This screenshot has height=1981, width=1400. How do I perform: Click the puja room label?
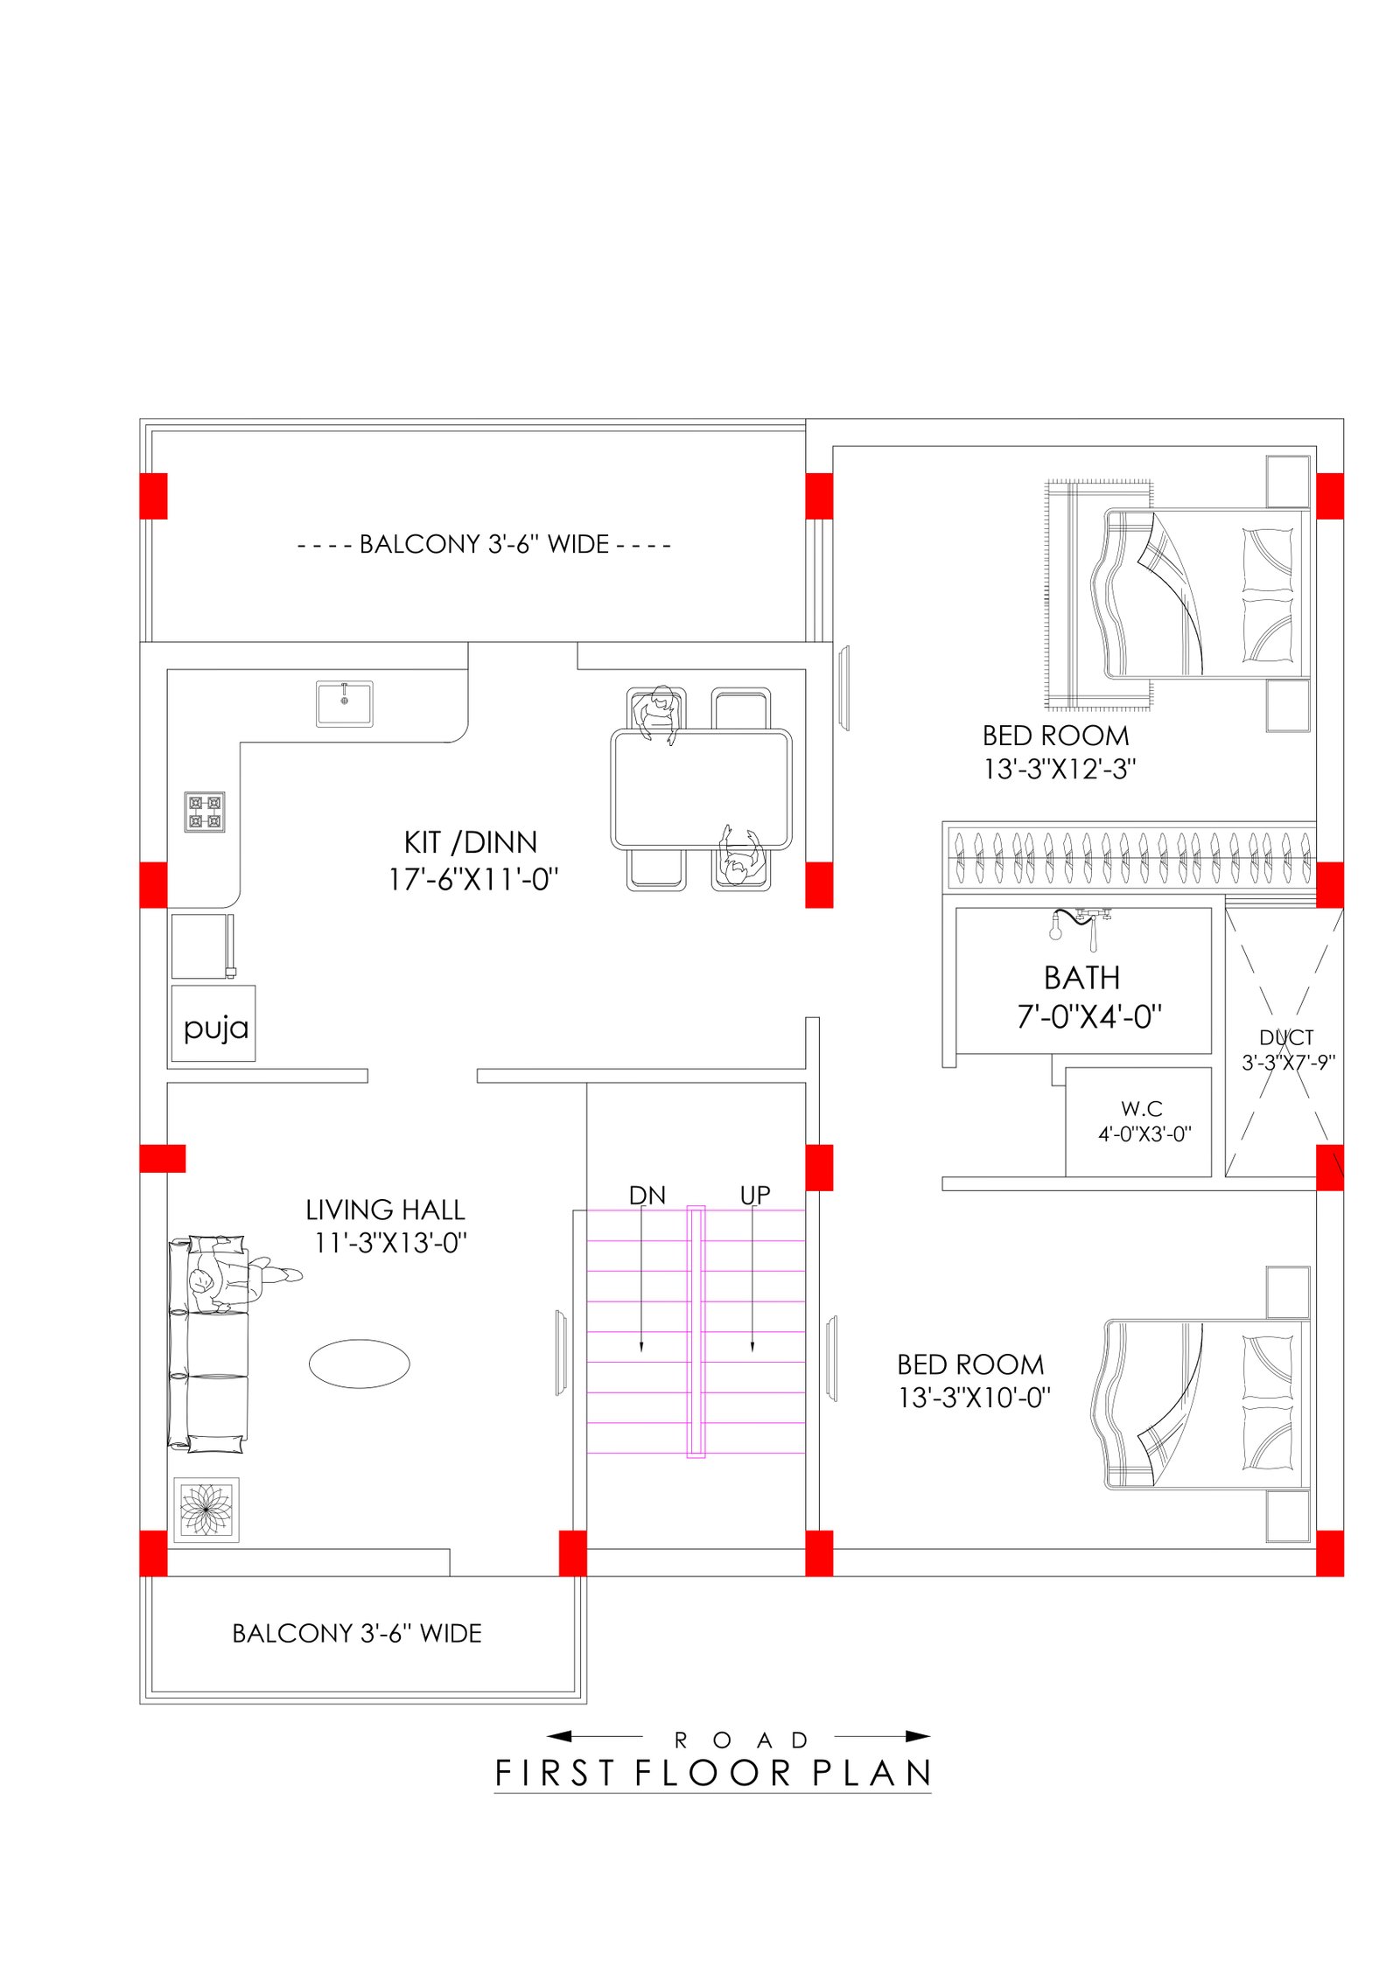coord(216,1029)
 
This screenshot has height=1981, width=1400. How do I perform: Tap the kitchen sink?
coord(345,704)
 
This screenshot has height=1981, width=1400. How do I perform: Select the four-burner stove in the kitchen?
coord(205,812)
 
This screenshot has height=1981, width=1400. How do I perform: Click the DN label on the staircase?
coord(647,1196)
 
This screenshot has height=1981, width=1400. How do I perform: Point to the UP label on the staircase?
coord(755,1196)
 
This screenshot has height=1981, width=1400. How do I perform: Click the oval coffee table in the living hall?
coord(360,1364)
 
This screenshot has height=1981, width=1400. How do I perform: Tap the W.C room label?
coord(1142,1109)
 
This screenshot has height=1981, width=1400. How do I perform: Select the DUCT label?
coord(1286,1037)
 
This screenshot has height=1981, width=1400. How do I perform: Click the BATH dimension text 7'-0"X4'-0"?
coord(1089,1016)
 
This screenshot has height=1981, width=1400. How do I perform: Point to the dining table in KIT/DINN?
coord(702,790)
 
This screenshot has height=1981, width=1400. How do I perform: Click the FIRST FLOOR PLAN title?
coord(713,1774)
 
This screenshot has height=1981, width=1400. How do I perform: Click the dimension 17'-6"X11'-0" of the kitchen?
coord(473,879)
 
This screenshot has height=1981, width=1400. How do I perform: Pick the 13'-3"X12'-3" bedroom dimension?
coord(1060,769)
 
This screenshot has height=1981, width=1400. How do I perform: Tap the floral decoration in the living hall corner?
coord(206,1510)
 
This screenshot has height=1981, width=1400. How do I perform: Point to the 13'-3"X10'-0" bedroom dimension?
coord(974,1398)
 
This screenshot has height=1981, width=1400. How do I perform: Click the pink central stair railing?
coord(696,1332)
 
